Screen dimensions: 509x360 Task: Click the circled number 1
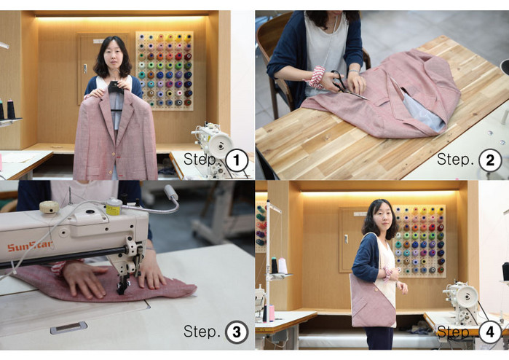pos(237,160)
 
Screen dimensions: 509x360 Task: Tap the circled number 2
pos(490,160)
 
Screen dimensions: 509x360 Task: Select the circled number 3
pos(237,332)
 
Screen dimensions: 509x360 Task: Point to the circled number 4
pos(490,332)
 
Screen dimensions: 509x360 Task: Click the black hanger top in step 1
pos(116,87)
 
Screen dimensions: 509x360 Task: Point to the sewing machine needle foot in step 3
pos(123,285)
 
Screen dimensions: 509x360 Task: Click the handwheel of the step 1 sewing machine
pos(221,145)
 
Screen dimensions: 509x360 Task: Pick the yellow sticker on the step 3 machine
pos(114,210)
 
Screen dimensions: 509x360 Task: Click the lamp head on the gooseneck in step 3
pos(171,192)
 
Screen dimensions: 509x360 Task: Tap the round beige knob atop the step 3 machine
pos(50,207)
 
